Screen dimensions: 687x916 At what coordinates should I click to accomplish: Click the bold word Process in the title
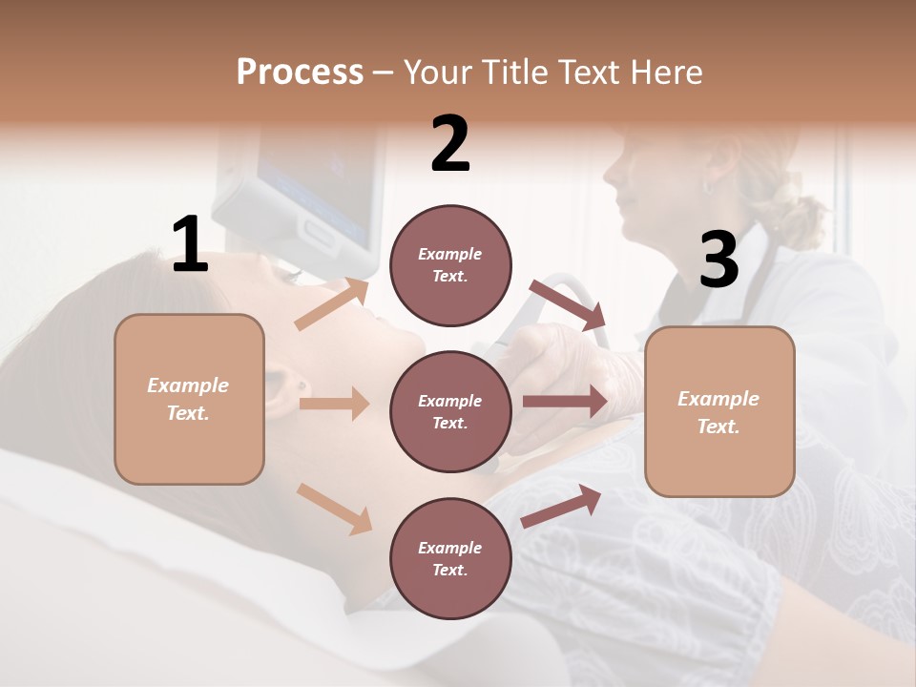coord(300,73)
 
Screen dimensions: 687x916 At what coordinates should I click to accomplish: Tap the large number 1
coord(190,244)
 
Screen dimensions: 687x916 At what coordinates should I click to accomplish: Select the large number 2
coord(450,144)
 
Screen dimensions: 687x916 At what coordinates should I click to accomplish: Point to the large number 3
coord(718,260)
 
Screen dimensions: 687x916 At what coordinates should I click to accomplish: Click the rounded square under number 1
coord(189,399)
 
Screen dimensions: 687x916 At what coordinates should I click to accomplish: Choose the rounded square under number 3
coord(719,412)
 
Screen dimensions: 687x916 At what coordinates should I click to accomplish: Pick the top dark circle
coord(450,265)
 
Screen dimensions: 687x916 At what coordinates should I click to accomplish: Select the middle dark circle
coord(450,411)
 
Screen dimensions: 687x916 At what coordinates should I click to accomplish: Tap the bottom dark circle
coord(450,558)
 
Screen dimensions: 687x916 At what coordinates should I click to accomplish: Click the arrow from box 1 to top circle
coord(331,304)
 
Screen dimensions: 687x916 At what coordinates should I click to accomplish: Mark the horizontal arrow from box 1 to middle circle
coord(334,404)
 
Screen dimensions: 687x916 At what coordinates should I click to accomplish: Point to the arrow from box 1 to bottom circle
coord(334,508)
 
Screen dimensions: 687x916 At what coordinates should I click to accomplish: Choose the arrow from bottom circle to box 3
coord(561,507)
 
